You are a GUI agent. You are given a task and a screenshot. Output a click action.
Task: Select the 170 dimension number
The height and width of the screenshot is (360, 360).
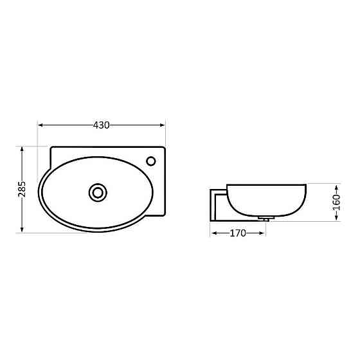pos(238,233)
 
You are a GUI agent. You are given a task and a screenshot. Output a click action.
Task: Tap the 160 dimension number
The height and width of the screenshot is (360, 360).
pos(336,202)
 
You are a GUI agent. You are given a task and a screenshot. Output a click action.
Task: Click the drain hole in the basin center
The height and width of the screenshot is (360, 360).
pos(98,192)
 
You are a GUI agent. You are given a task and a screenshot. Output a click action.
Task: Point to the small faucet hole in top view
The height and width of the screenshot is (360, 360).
pos(152,161)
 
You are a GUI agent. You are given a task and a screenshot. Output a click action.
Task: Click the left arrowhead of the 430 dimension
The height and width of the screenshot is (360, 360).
pos(41,125)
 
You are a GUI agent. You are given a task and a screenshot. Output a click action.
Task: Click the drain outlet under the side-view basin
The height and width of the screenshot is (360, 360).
pos(264,219)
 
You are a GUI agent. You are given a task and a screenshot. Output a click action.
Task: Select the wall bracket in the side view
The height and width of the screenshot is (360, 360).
pos(219,203)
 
